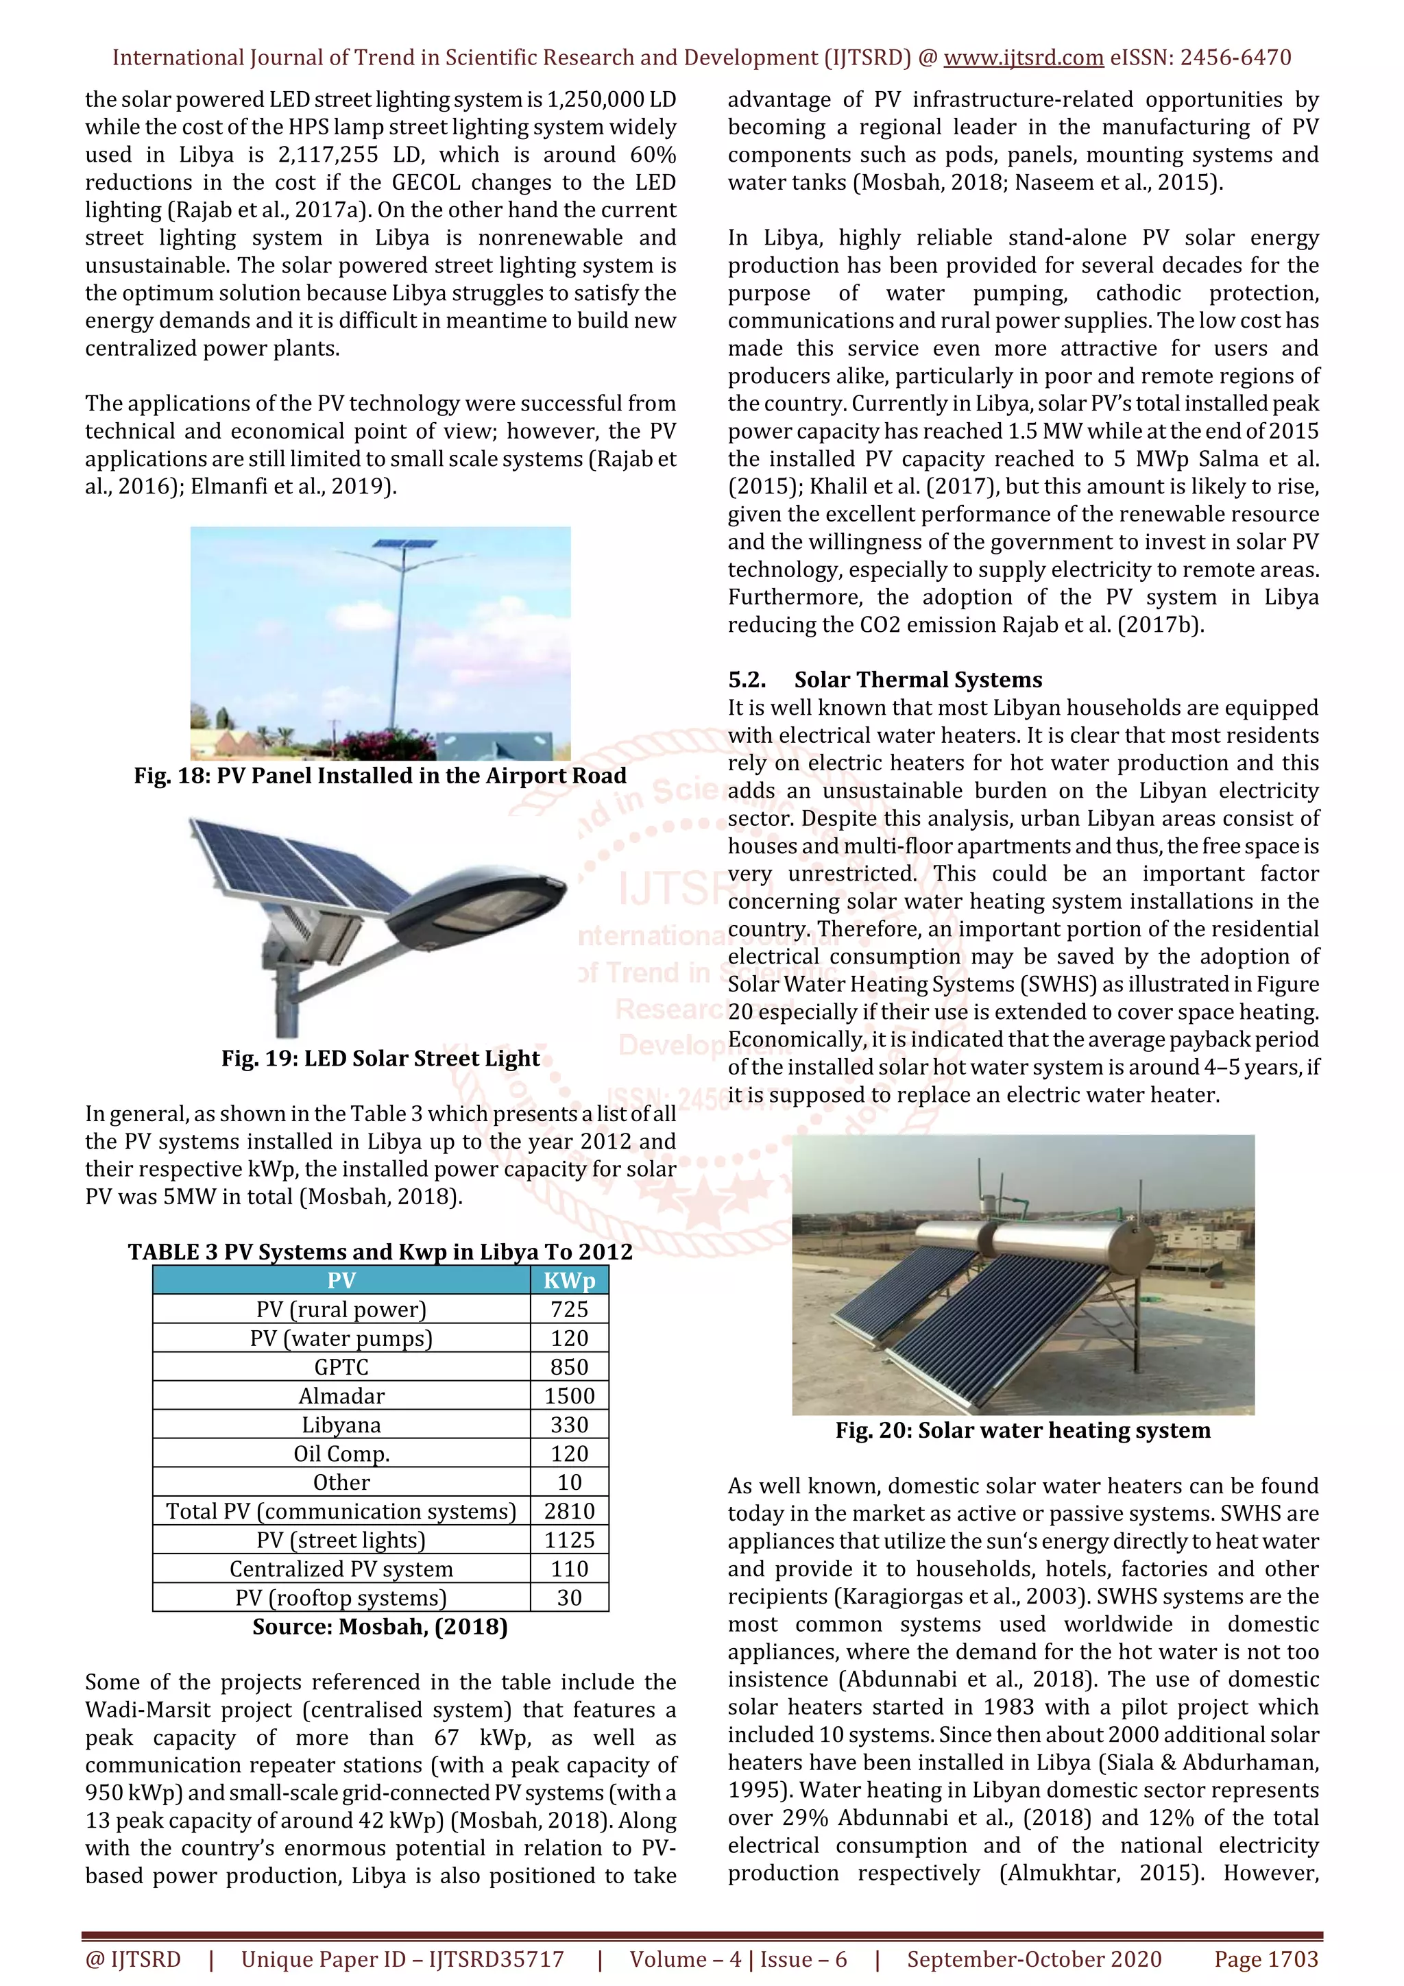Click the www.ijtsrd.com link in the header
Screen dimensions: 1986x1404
click(1024, 58)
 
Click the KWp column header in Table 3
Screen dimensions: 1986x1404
click(568, 1281)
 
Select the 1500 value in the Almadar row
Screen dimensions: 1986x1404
click(568, 1396)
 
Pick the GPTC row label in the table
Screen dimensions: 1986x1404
click(341, 1368)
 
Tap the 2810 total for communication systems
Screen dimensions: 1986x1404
click(568, 1511)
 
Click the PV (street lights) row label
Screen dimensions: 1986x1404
click(341, 1541)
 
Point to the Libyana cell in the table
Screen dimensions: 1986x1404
click(341, 1425)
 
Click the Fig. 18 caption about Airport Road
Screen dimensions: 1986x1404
click(380, 776)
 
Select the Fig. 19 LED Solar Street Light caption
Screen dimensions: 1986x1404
click(380, 1059)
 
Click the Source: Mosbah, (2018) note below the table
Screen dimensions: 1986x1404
click(380, 1627)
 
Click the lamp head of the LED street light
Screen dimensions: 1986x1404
click(476, 908)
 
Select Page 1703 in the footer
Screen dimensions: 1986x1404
click(1266, 1959)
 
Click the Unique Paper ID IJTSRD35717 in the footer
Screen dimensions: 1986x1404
click(402, 1959)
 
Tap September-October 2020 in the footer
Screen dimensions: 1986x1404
click(1034, 1959)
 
